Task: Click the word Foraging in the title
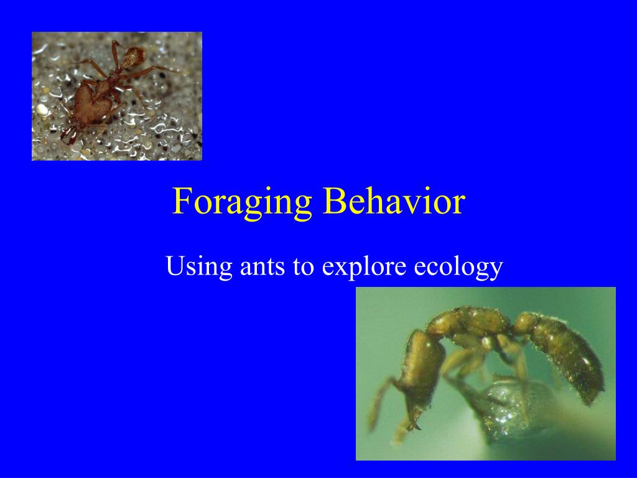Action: click(242, 202)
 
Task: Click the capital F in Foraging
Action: click(181, 201)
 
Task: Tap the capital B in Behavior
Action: click(334, 201)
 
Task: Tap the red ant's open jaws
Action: click(68, 136)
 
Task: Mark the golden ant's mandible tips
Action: click(411, 424)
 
